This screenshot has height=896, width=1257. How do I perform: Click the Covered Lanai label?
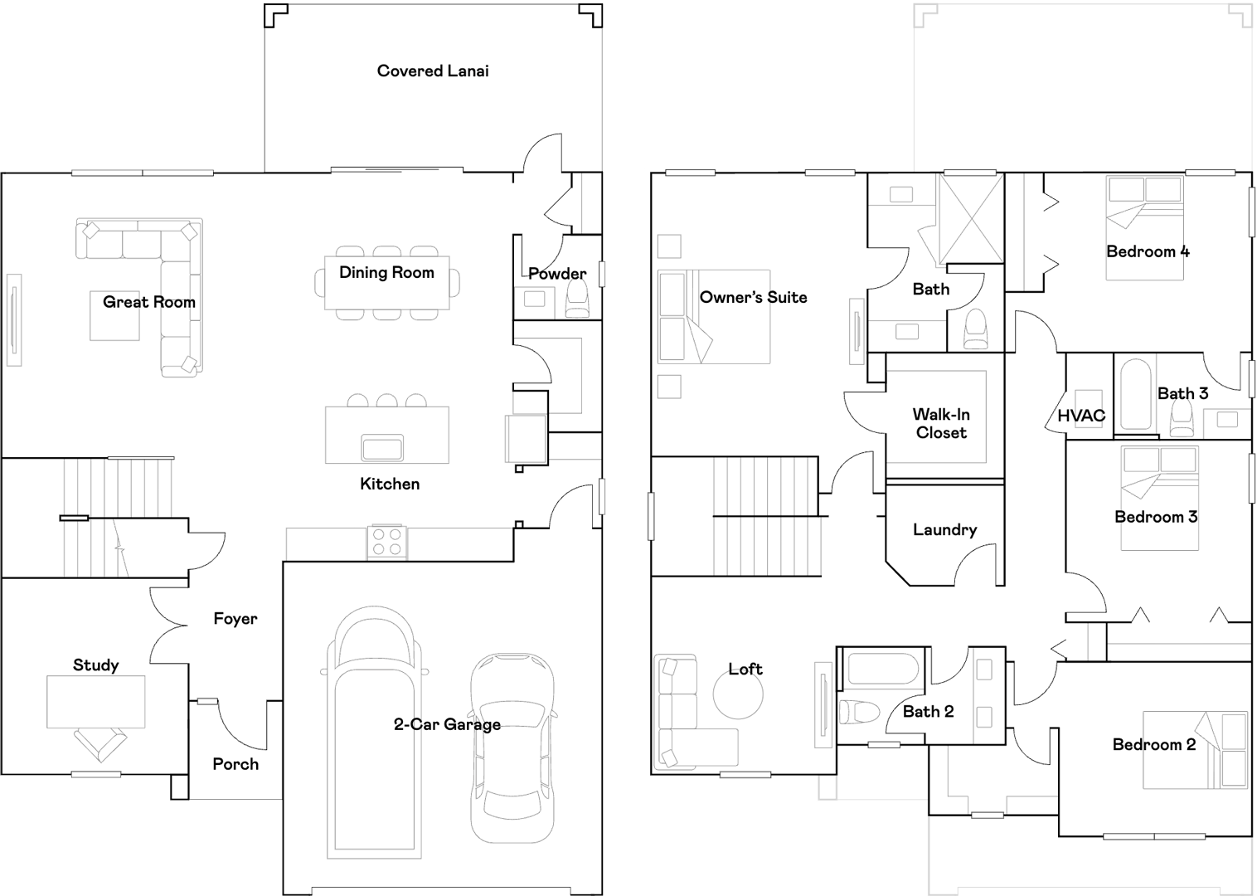pyautogui.click(x=433, y=71)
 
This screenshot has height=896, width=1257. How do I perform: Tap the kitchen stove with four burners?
pyautogui.click(x=387, y=542)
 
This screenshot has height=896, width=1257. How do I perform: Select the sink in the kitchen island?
pyautogui.click(x=383, y=447)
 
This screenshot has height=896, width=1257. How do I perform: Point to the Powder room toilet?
pyautogui.click(x=578, y=299)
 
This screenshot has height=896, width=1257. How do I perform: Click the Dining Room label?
pyautogui.click(x=386, y=272)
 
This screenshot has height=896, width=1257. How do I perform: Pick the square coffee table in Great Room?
pyautogui.click(x=114, y=315)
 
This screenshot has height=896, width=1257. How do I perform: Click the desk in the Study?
pyautogui.click(x=95, y=702)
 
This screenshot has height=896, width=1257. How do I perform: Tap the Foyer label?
pyautogui.click(x=235, y=619)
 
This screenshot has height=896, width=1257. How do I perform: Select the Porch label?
pyautogui.click(x=235, y=764)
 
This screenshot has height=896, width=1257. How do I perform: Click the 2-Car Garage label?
pyautogui.click(x=447, y=724)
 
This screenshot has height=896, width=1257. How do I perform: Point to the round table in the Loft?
pyautogui.click(x=738, y=694)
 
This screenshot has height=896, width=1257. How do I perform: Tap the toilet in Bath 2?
pyautogui.click(x=858, y=713)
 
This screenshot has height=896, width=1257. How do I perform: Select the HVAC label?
pyautogui.click(x=1081, y=416)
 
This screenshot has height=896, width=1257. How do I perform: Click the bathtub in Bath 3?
pyautogui.click(x=1136, y=395)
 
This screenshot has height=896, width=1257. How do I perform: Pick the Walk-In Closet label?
pyautogui.click(x=941, y=423)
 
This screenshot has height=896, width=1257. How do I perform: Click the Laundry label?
pyautogui.click(x=945, y=529)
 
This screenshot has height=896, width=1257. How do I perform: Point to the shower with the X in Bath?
pyautogui.click(x=971, y=219)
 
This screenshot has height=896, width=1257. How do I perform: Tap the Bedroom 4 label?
pyautogui.click(x=1148, y=251)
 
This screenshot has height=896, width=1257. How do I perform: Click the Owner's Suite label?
pyautogui.click(x=753, y=297)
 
